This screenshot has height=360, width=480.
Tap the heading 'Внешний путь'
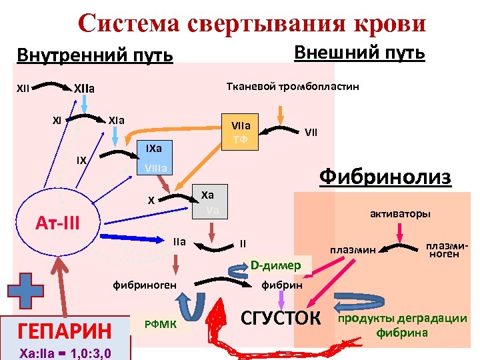click(x=359, y=52)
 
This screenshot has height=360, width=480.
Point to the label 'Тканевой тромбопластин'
click(x=293, y=87)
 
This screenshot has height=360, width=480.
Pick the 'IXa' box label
click(x=153, y=147)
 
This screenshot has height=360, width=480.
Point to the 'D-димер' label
click(x=276, y=265)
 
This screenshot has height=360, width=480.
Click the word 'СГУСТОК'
click(x=279, y=317)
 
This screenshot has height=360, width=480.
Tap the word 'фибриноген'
click(x=145, y=285)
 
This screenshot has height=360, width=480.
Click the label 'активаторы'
click(x=400, y=214)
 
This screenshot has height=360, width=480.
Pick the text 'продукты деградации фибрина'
click(x=403, y=325)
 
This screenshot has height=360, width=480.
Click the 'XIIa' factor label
click(x=85, y=87)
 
